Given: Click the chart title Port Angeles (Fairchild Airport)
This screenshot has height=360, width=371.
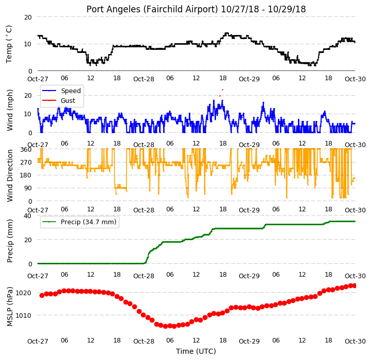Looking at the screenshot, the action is [x=152, y=9].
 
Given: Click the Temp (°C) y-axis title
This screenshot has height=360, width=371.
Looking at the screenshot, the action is [x=9, y=44].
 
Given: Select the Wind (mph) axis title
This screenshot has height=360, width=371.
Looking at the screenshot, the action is [x=10, y=110].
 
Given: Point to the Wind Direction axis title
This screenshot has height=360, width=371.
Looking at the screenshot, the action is [x=10, y=175].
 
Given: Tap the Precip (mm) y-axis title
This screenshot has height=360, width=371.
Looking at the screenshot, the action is [x=10, y=241].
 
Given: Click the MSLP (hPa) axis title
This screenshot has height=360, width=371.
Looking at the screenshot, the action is [x=10, y=307].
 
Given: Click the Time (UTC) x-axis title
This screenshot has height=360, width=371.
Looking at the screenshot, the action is [x=196, y=351].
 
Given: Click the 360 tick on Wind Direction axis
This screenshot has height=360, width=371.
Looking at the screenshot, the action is [x=26, y=150].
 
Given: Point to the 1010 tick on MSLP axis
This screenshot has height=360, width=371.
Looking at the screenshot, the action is [x=23, y=316].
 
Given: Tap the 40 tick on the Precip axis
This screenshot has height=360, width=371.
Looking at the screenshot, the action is [x=28, y=215].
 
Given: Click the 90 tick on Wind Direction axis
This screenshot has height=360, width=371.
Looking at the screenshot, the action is [x=28, y=188].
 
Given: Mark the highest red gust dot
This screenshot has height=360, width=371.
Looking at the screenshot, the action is [x=222, y=90].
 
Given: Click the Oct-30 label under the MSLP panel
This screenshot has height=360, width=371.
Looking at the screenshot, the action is [x=355, y=341].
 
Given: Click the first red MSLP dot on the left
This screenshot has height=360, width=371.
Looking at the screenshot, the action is [x=42, y=295].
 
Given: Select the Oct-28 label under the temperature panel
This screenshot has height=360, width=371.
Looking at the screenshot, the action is [x=144, y=79].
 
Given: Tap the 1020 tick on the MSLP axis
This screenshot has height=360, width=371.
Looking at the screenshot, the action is [x=23, y=293].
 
